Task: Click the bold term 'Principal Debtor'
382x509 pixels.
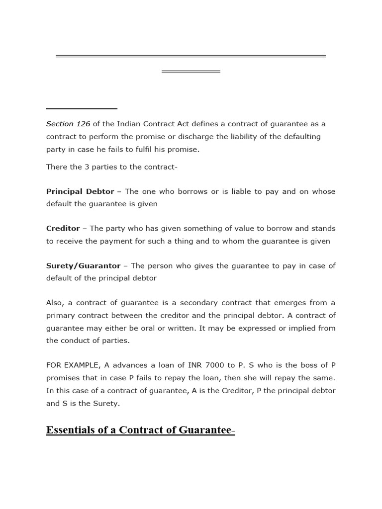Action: click(80, 191)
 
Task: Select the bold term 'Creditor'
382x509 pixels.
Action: click(63, 229)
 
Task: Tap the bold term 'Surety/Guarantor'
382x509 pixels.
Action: click(84, 266)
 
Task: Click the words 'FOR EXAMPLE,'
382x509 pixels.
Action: click(72, 365)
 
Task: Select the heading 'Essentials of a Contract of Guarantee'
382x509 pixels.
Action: click(139, 430)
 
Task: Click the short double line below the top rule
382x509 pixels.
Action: click(191, 72)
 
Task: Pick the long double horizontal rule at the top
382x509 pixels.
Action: click(191, 56)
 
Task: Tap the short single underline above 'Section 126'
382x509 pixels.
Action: click(82, 108)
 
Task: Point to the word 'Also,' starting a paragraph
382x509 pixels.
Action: click(55, 303)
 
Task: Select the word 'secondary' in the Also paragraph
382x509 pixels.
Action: click(194, 303)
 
